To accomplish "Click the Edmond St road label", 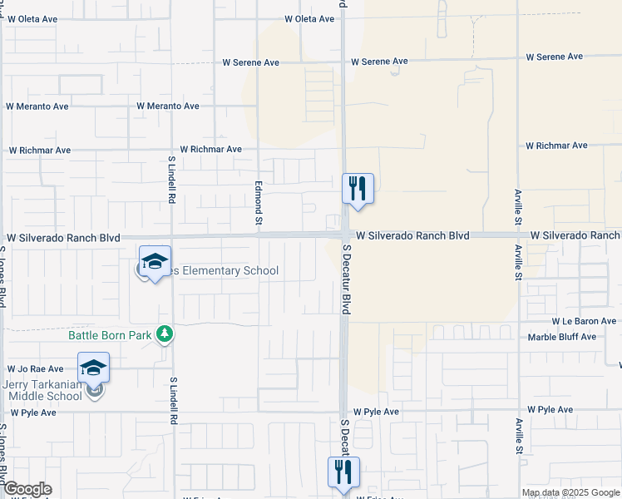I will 259,203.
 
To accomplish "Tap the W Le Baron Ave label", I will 584,321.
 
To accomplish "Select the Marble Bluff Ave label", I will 562,337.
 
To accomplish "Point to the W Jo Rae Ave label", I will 35,368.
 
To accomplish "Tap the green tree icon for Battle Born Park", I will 165,333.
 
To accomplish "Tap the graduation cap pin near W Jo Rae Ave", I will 94,367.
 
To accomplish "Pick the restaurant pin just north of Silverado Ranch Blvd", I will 358,189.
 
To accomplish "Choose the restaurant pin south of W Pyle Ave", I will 343,472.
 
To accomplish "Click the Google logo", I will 27,489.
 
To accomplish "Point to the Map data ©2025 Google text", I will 570,492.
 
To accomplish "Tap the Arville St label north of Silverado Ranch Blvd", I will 518,205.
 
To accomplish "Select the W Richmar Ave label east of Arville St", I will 556,146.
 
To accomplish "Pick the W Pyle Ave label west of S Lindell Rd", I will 32,413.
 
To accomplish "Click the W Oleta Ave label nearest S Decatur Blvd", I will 309,18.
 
